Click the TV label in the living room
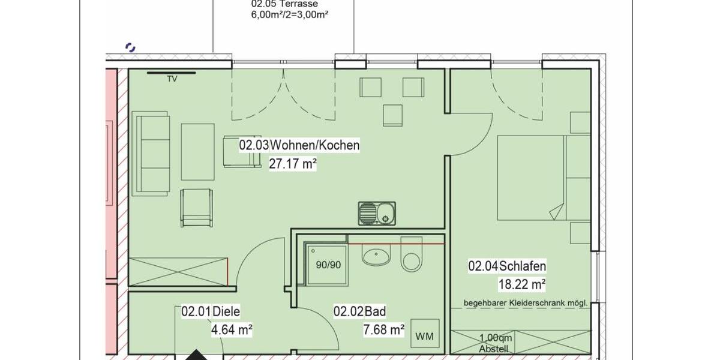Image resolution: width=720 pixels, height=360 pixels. pyautogui.click(x=172, y=79)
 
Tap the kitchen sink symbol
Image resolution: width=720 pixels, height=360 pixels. pyautogui.click(x=377, y=214)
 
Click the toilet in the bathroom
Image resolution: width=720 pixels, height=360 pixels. pyautogui.click(x=412, y=259)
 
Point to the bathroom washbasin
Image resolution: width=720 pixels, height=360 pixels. pyautogui.click(x=376, y=256)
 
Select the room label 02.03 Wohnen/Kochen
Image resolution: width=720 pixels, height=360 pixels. pyautogui.click(x=299, y=145)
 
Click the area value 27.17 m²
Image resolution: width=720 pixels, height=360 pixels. pyautogui.click(x=292, y=163)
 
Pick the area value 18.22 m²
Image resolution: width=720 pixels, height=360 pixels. pyautogui.click(x=521, y=284)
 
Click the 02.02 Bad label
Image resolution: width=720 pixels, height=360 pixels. pyautogui.click(x=359, y=311)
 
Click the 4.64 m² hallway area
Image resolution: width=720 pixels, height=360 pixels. pyautogui.click(x=230, y=329)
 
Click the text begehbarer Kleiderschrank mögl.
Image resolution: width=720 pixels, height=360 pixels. pyautogui.click(x=524, y=304)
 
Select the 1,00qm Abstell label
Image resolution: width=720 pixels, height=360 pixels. pyautogui.click(x=494, y=343)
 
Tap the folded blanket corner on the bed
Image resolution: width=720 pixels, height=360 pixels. pyautogui.click(x=558, y=211)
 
